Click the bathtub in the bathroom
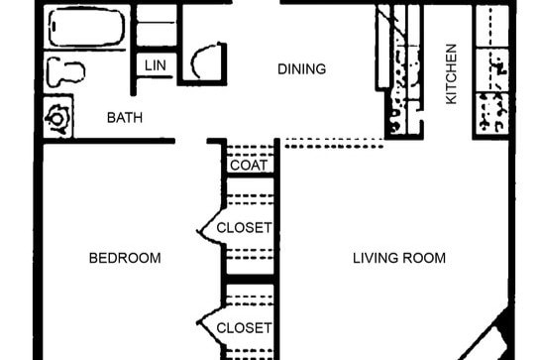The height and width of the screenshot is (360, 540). (86, 28)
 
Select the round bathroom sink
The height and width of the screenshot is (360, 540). (59, 117)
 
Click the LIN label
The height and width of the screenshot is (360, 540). (155, 65)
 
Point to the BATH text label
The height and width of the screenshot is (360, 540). (125, 118)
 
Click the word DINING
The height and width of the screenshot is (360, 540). (301, 68)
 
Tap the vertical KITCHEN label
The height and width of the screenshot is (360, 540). (451, 74)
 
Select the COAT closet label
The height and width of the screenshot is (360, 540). (247, 166)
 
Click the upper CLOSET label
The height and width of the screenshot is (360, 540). (244, 227)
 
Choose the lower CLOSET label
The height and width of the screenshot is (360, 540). (244, 327)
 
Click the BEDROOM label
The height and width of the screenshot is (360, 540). (125, 258)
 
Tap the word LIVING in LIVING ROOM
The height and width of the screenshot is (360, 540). (375, 258)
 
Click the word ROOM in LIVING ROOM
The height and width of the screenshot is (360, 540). (424, 258)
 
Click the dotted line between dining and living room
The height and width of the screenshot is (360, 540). (333, 144)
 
